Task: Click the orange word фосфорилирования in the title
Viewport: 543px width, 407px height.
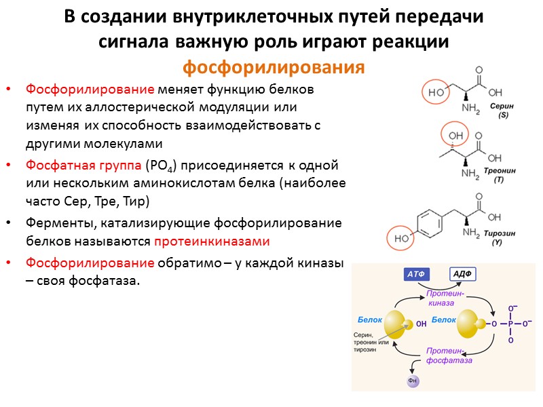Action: coord(274,69)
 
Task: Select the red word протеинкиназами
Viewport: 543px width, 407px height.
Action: coord(212,241)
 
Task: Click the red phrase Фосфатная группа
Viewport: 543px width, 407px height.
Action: coord(83,166)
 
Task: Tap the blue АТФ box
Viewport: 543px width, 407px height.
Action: coord(416,274)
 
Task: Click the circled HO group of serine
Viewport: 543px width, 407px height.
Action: coord(435,92)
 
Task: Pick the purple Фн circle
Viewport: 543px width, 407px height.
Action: coord(413,381)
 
